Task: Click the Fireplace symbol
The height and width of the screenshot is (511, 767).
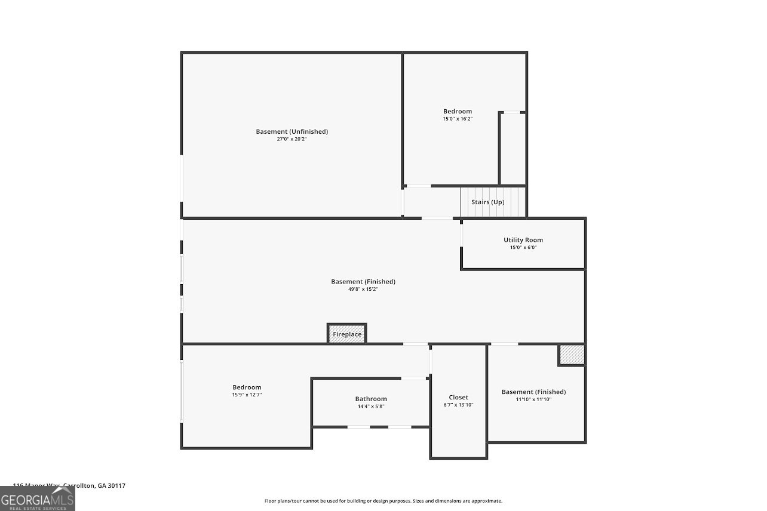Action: coord(347,334)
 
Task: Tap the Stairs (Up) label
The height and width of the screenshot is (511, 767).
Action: coord(487,202)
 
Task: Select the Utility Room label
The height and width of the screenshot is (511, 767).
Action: coord(523,240)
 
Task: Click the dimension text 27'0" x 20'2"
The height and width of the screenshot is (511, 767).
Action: coord(292,139)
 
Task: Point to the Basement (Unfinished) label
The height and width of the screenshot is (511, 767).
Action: coord(292,131)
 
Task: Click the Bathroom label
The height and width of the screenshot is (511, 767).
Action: coord(371,399)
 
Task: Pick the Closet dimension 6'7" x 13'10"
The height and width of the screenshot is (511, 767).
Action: coord(458,405)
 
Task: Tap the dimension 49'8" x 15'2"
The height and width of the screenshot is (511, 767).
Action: coord(363,289)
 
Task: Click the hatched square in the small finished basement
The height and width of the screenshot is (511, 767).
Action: coord(571,355)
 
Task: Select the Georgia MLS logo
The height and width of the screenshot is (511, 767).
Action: coord(38,498)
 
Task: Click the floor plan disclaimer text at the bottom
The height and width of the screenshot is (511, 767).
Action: coord(383,501)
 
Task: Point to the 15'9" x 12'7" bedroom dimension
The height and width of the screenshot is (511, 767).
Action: coord(247,395)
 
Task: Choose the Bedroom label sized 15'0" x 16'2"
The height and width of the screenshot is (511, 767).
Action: coord(458,111)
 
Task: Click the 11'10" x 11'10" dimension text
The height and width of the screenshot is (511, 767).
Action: coord(533,399)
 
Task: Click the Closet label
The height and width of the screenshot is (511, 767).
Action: coord(458,397)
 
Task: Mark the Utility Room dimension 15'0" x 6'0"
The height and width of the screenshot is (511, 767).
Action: coord(523,247)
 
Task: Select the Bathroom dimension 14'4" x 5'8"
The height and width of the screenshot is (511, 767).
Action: coord(371,407)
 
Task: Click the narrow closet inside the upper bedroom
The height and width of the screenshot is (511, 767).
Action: coord(512,149)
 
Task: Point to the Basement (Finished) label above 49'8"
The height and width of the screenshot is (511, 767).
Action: coord(363,281)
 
